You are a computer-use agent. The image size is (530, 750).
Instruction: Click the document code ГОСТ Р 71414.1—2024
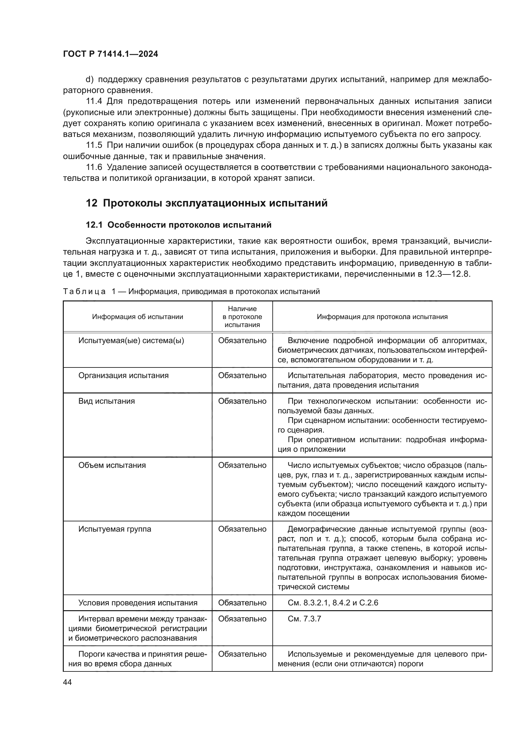point(110,54)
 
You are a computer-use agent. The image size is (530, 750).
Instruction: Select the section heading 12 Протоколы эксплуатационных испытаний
point(207,203)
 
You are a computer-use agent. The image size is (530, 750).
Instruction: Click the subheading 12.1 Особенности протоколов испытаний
point(178,225)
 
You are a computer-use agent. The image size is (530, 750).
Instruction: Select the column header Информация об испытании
point(137,316)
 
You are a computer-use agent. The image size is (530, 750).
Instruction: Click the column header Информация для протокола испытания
point(382,316)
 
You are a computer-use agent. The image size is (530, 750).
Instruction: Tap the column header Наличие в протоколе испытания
point(242,316)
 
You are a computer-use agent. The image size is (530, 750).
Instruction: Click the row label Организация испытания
point(123,375)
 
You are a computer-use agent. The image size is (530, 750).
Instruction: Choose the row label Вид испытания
point(106,401)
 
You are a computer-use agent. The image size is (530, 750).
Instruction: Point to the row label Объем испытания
point(112,465)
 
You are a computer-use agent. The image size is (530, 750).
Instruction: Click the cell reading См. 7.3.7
point(304,619)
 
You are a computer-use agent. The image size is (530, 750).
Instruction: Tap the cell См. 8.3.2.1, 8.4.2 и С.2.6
point(333,603)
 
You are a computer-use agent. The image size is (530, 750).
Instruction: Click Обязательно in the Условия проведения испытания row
point(242,603)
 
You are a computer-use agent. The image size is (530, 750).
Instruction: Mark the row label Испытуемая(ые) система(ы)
point(131,341)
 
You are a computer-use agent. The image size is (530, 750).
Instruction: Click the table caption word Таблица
point(84,292)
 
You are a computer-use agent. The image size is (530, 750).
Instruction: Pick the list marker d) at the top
point(89,80)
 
